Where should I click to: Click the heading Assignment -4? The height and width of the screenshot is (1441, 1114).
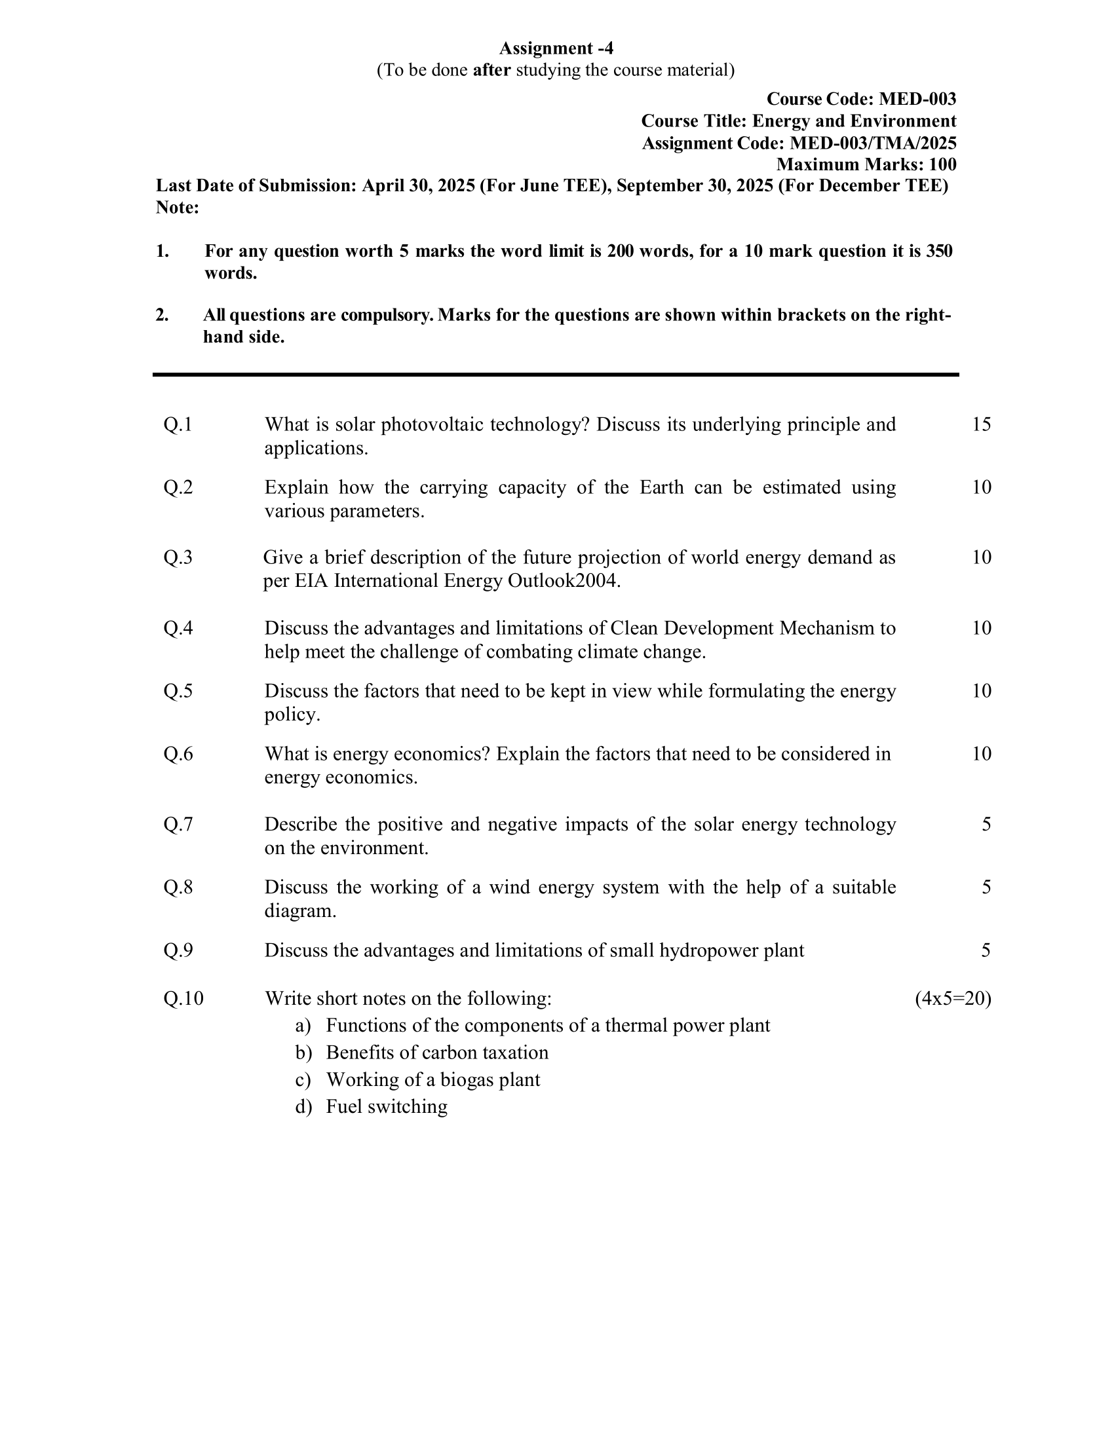[x=556, y=48]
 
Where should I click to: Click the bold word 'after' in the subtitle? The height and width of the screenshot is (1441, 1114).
[x=491, y=70]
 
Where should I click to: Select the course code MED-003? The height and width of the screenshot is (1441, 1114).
[x=917, y=99]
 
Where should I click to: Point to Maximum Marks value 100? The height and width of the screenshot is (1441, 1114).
[x=942, y=164]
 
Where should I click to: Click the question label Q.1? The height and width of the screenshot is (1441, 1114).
[x=178, y=424]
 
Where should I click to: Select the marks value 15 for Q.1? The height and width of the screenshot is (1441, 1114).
[x=982, y=424]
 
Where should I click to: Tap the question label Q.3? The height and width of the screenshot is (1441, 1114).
[x=178, y=557]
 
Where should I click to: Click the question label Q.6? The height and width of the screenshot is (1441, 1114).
[x=178, y=753]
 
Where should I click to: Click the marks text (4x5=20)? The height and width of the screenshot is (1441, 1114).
[x=952, y=999]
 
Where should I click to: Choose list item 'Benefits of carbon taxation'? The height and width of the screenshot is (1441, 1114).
[x=437, y=1053]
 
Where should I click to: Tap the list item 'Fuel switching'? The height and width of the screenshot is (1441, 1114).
[x=386, y=1106]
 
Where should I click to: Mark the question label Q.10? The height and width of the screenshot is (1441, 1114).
[x=183, y=999]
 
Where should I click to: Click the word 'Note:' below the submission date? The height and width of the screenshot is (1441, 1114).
[x=177, y=208]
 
